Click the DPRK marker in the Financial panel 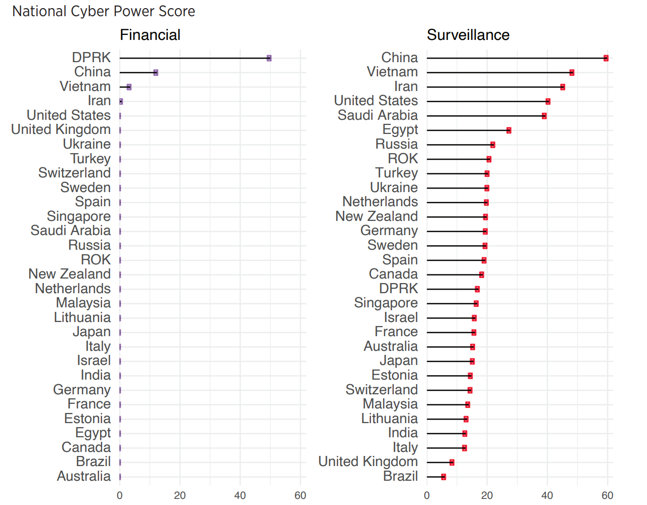coord(269,58)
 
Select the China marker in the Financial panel coord(156,73)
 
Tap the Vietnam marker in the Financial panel coord(129,87)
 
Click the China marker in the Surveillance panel coord(606,58)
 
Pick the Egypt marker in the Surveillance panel coord(509,130)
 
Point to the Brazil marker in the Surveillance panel coord(444,477)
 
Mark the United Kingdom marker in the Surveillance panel coord(452,463)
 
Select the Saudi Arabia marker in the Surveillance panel coord(544,116)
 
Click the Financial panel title coord(150,35)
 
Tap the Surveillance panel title coord(468,35)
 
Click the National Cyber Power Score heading coord(104,11)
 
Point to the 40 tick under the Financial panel coord(240,495)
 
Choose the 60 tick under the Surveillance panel coord(608,495)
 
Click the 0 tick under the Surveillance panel coord(427,495)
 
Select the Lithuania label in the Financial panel coord(82,317)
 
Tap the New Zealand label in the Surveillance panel coord(377,216)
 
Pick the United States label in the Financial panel coord(69,115)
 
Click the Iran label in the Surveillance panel coord(406,86)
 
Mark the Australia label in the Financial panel coord(84,476)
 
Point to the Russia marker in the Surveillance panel coord(493,145)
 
